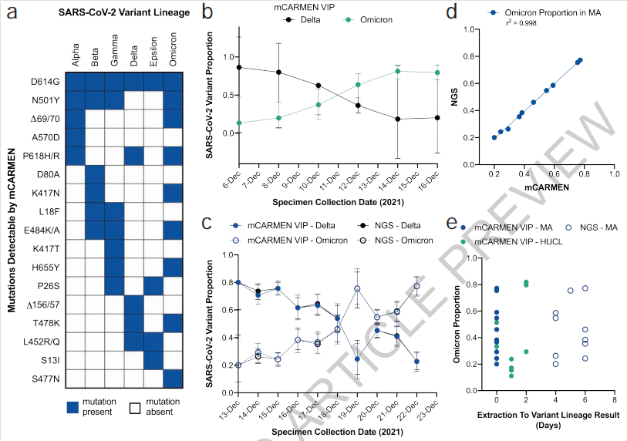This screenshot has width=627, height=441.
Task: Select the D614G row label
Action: tap(45, 81)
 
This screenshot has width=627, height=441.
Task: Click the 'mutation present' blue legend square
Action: tap(75, 407)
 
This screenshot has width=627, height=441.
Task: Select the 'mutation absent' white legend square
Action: tap(137, 407)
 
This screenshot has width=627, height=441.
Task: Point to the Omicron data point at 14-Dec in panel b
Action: tap(398, 71)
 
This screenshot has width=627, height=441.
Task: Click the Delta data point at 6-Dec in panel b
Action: tap(239, 67)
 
